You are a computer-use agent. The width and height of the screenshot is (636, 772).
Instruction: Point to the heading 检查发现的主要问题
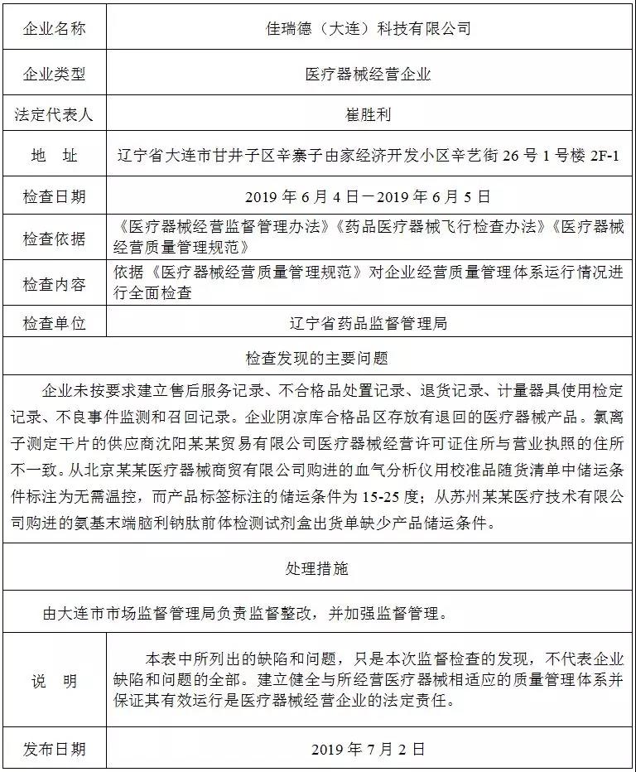317,359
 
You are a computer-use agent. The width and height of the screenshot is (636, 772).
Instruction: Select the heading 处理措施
317,568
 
